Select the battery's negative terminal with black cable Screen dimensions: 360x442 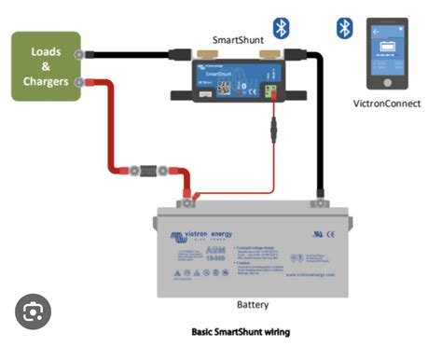coord(321,197)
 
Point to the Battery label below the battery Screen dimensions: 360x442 coord(254,305)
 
